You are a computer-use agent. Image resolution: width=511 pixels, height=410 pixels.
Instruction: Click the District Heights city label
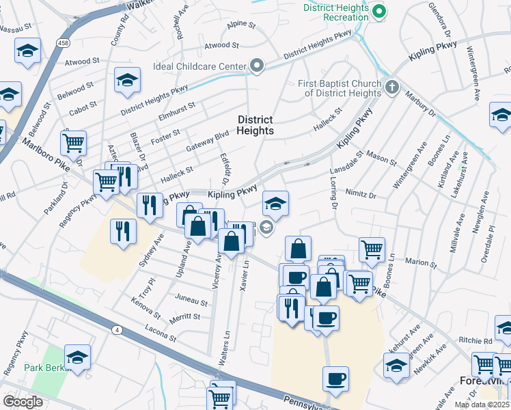point(255,125)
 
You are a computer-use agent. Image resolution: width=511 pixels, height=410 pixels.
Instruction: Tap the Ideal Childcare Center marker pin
point(257,66)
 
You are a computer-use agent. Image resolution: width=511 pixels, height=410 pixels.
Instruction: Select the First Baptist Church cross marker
point(391,87)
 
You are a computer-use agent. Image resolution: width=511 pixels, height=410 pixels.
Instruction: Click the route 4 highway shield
point(117,330)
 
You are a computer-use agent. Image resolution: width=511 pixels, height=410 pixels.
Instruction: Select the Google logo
point(23,402)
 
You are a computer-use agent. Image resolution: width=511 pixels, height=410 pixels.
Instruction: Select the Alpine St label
point(240,25)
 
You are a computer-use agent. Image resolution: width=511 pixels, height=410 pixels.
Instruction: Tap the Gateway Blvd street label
point(207,141)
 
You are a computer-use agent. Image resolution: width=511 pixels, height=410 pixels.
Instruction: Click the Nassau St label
point(17,28)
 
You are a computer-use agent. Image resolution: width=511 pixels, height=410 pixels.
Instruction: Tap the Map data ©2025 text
point(482,405)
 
